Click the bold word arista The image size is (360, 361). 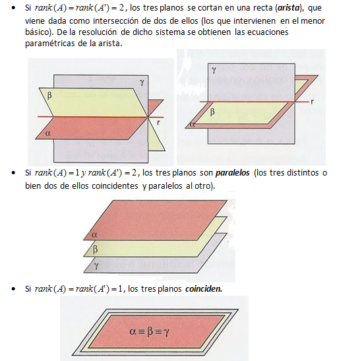click(289, 8)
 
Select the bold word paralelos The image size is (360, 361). click(232, 173)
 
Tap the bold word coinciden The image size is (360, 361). click(204, 288)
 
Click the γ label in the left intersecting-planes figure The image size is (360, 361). click(142, 82)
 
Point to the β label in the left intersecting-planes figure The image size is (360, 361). click(49, 95)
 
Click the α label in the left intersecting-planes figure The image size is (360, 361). click(48, 133)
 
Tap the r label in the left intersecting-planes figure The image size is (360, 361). click(158, 123)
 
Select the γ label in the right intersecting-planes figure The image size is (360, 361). click(214, 70)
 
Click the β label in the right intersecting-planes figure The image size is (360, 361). click(212, 112)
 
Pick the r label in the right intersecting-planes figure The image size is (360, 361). click(312, 102)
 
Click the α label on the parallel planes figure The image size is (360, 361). click(94, 235)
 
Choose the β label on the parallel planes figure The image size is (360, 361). click(95, 249)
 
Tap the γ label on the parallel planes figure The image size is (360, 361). click(96, 266)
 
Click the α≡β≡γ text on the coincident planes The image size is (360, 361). click(150, 332)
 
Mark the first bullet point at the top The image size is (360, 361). click(14, 8)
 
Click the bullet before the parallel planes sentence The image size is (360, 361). click(14, 173)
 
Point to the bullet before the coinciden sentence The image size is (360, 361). click(14, 288)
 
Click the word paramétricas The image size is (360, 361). click(50, 44)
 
